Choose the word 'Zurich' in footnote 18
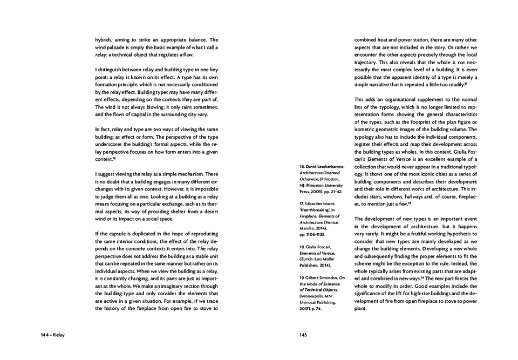(308, 258)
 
